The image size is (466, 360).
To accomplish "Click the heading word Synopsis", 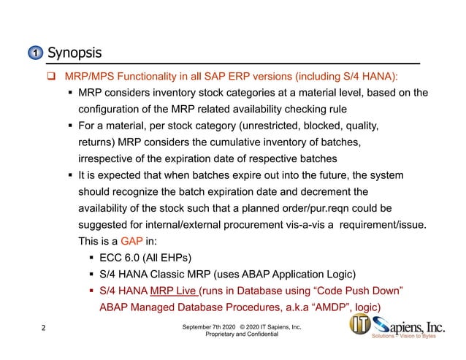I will (74, 53).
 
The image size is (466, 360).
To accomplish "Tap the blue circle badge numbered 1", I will (35, 54).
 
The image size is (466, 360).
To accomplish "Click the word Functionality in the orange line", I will (147, 76).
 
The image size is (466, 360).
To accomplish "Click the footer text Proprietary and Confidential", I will (242, 334).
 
